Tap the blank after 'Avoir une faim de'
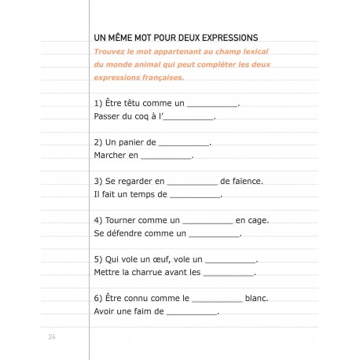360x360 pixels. tap(193, 310)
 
